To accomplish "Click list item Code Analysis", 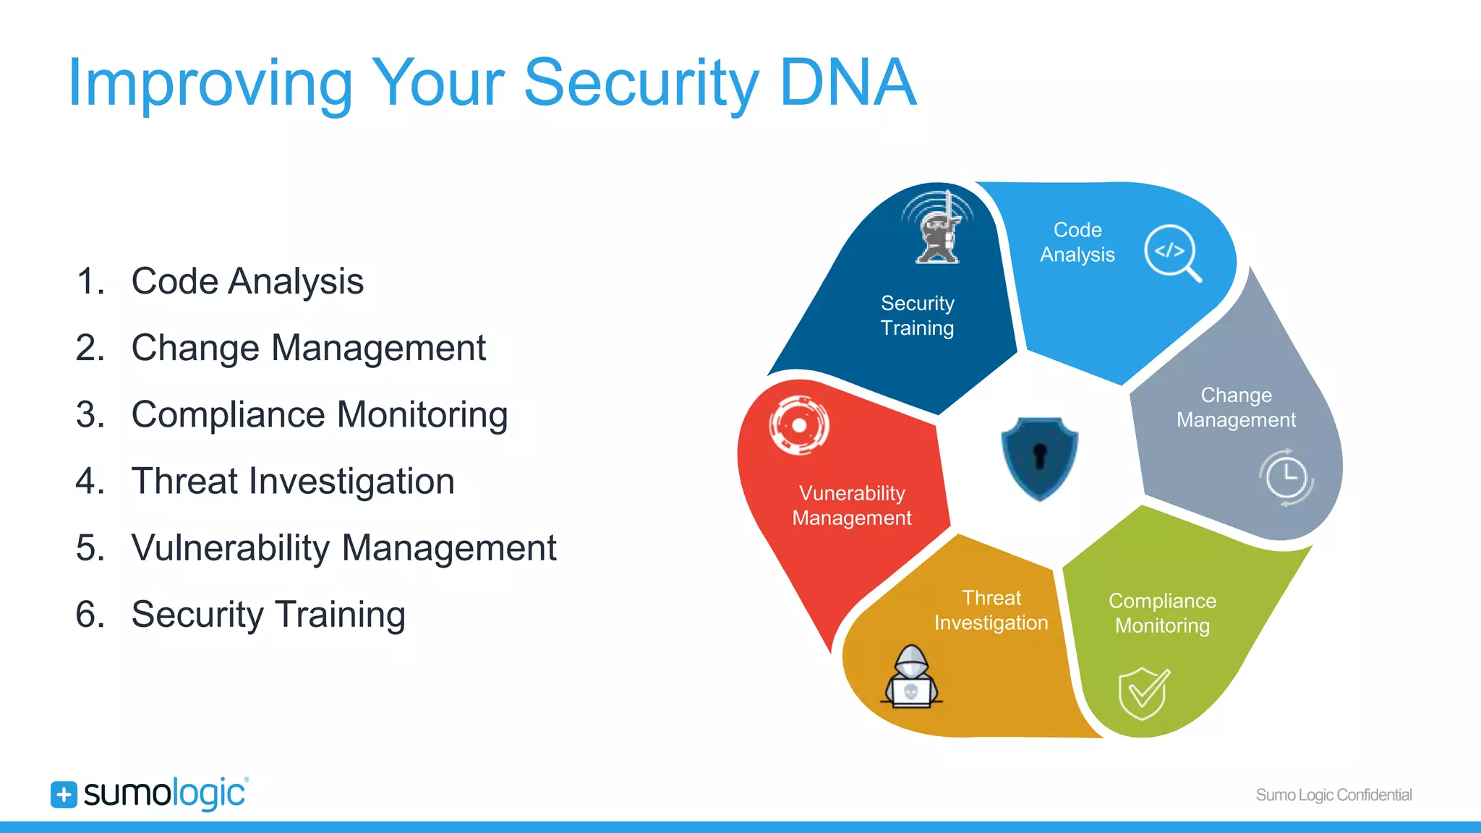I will (247, 281).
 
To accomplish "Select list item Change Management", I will (308, 348).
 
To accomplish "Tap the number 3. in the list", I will (90, 415).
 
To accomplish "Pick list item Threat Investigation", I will (293, 482).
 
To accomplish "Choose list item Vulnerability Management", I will (343, 548).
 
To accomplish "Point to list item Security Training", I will (268, 615).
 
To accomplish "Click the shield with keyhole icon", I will (1039, 458).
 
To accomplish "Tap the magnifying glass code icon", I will (1172, 253).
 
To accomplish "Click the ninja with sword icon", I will (938, 227).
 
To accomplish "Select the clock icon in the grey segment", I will (1286, 478).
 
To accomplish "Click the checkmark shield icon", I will (1143, 693).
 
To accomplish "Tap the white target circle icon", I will (799, 425).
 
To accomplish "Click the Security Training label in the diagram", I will (917, 316).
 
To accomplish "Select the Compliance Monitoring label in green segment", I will (1162, 613).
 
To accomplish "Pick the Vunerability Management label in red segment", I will (852, 505).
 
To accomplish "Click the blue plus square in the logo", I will (64, 794).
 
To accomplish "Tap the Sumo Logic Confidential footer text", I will (1333, 795).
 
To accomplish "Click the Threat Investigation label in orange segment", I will (991, 610).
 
